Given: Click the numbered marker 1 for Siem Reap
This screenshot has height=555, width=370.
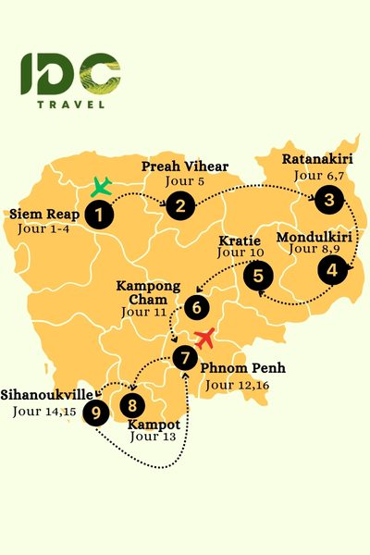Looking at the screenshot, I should coord(98,215).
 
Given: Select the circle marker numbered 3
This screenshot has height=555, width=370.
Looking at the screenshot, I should coord(327,198).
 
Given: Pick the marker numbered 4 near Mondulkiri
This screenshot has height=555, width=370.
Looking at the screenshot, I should coord(329,270).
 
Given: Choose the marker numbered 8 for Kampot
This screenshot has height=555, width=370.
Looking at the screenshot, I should coord(133,404).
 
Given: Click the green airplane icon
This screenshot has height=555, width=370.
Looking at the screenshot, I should coord(102,187).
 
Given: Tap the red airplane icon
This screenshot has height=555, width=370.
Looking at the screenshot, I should coord(204,338).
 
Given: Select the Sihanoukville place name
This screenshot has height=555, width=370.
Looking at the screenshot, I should coord(46,393).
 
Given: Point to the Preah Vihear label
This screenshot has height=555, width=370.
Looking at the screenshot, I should coord(185,166).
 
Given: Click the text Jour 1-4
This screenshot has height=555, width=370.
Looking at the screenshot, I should coord(42,228).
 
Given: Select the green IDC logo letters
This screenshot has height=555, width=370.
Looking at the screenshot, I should coord(69,73).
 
